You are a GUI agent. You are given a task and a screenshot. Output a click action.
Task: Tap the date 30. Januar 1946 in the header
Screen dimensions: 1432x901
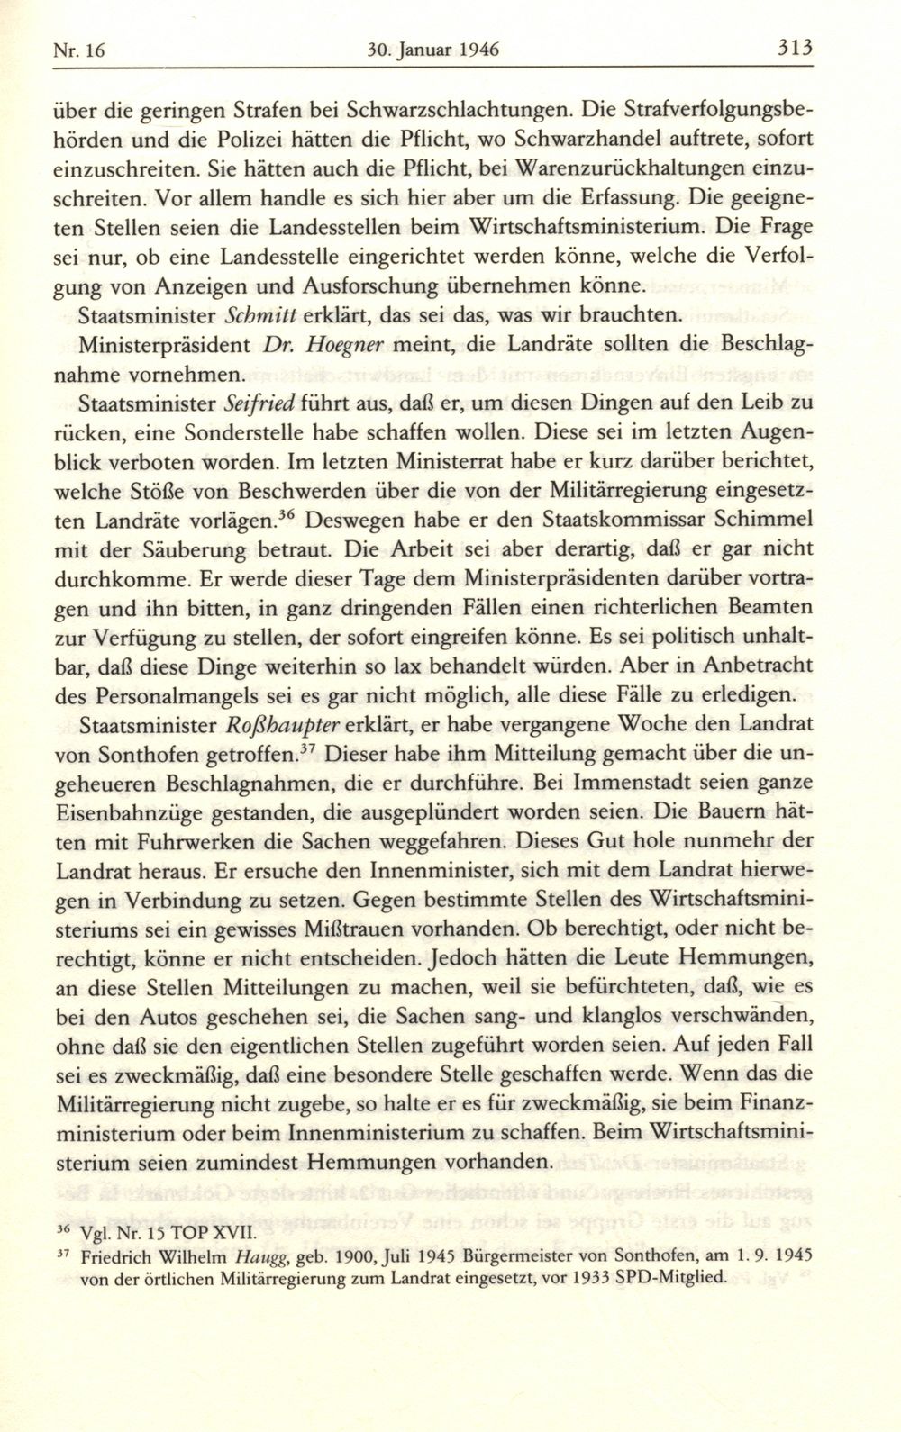(x=433, y=50)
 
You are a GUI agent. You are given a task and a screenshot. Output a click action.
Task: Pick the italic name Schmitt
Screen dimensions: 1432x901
(x=260, y=316)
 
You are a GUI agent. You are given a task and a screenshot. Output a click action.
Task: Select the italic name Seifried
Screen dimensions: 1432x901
(x=262, y=403)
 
